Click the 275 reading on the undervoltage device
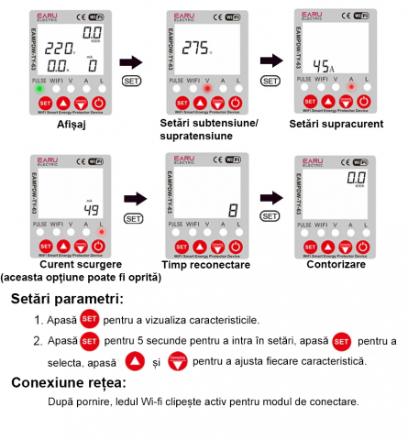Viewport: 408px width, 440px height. coord(195,47)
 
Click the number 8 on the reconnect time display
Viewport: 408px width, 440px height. coord(233,208)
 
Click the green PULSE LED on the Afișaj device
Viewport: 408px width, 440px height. coord(38,88)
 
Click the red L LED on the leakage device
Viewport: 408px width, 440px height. coord(101,233)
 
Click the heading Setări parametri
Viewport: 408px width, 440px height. coord(68,299)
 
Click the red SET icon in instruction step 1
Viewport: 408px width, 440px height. coord(89,319)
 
